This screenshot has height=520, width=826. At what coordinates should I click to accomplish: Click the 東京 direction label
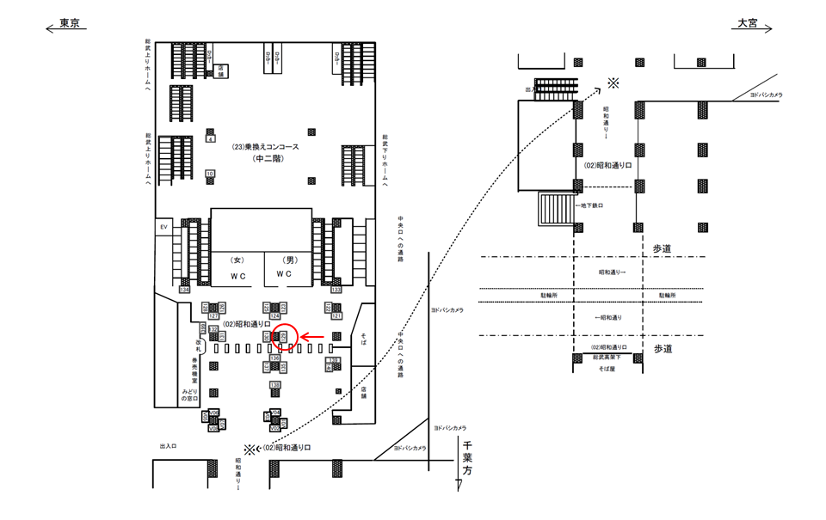(x=70, y=24)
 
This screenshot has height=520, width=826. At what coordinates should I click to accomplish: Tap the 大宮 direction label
(x=746, y=24)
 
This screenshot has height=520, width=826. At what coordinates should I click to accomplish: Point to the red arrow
(x=312, y=338)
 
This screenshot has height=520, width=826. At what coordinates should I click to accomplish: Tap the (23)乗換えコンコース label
(x=265, y=147)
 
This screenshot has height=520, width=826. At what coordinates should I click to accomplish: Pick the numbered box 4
(x=210, y=138)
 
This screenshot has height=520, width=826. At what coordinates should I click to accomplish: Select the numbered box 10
(x=210, y=174)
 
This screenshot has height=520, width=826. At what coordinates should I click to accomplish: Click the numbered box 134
(x=184, y=290)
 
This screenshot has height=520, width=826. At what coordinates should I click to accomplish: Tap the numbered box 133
(x=336, y=290)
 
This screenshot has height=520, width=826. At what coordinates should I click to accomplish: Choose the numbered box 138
(x=275, y=384)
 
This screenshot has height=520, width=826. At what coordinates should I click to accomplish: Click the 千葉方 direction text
(x=467, y=460)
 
